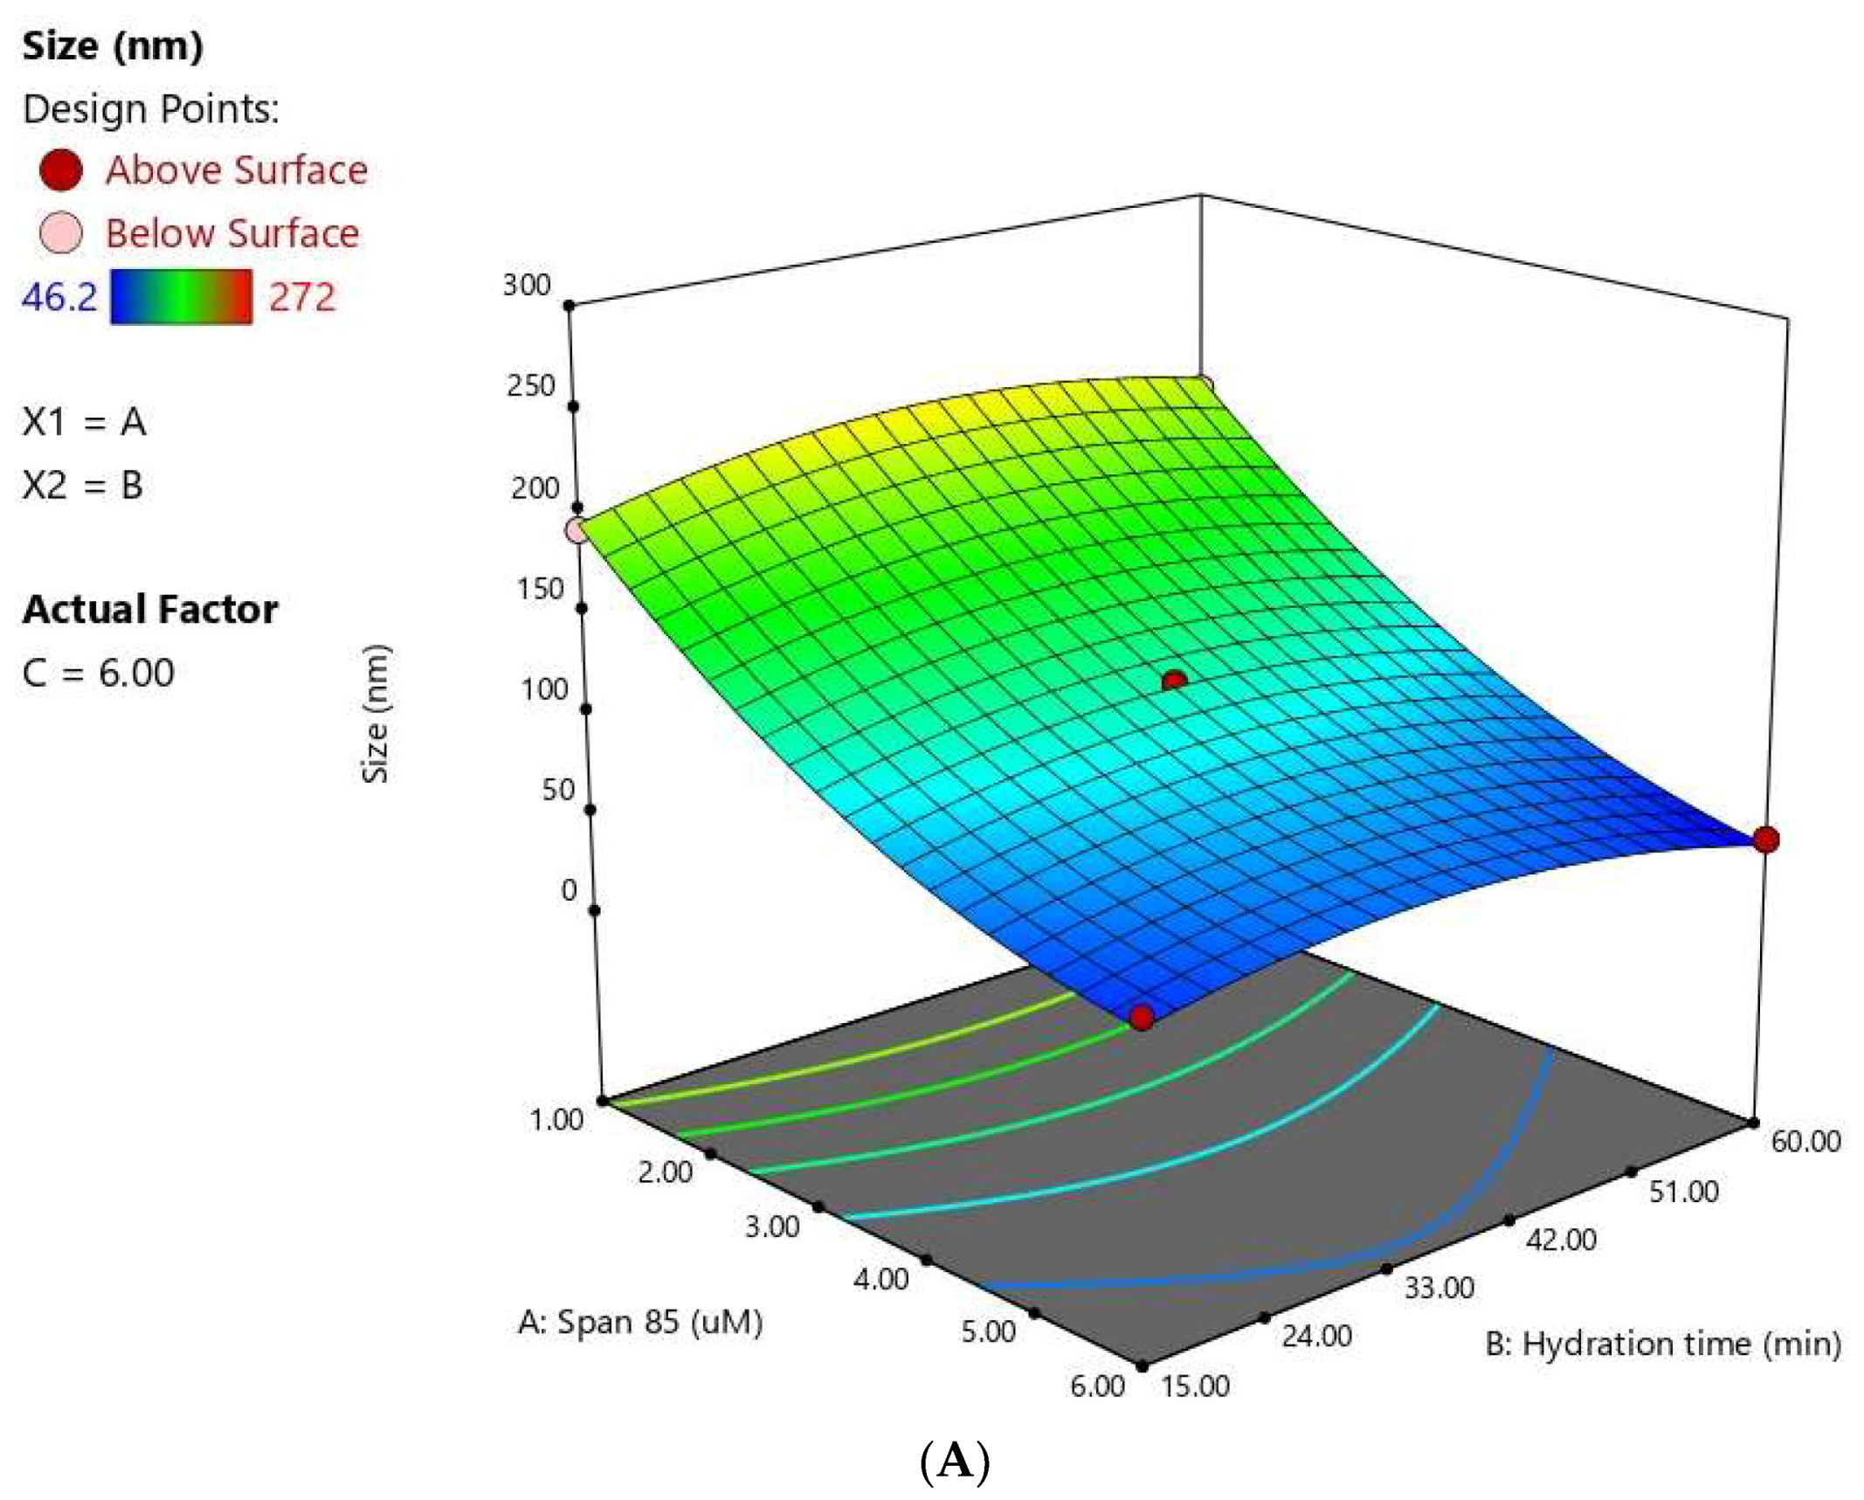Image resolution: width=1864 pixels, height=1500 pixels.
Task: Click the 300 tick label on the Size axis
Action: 527,285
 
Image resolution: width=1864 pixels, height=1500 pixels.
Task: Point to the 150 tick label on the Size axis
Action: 541,589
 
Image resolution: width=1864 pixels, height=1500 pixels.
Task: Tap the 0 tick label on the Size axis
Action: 569,890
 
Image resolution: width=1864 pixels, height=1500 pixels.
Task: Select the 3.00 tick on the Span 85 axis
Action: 772,1227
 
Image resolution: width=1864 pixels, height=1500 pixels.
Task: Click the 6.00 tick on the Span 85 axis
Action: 1097,1386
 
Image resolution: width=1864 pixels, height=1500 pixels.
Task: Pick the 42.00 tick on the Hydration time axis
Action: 1561,1240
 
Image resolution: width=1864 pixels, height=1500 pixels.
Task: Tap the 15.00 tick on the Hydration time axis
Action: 1196,1386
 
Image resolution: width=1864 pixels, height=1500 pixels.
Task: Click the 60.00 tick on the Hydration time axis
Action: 1805,1141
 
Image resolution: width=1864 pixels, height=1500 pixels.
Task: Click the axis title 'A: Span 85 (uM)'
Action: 640,1322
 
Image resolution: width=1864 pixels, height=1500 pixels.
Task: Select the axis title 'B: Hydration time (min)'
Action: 1663,1344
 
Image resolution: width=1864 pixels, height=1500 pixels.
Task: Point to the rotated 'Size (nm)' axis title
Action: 376,714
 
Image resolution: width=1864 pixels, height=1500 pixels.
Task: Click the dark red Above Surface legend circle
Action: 61,169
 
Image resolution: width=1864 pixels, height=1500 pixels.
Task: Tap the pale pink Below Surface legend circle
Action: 61,233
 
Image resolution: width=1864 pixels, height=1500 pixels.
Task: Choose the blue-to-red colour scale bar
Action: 181,297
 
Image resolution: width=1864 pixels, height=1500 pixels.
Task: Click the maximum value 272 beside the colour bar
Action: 301,297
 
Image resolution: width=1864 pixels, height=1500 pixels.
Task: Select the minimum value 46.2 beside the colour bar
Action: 59,297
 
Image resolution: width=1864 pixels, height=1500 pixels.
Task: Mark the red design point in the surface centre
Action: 1175,681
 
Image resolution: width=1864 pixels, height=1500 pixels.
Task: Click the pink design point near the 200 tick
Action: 577,530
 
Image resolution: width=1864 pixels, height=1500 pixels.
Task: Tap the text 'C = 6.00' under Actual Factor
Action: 99,673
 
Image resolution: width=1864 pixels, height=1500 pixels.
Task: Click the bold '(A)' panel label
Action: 955,1461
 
